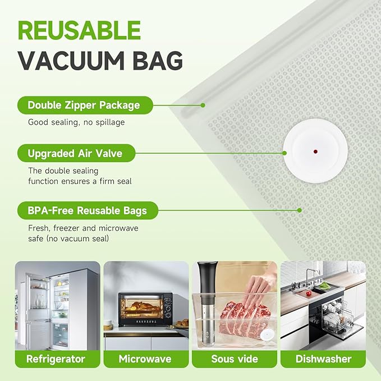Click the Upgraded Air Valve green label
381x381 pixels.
click(74, 153)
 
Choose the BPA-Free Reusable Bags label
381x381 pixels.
click(87, 211)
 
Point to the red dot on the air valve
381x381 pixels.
click(315, 152)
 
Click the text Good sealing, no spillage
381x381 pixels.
click(76, 122)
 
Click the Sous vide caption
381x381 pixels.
click(234, 358)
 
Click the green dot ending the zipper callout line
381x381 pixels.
click(203, 105)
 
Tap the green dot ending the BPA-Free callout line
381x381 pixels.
click(300, 210)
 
